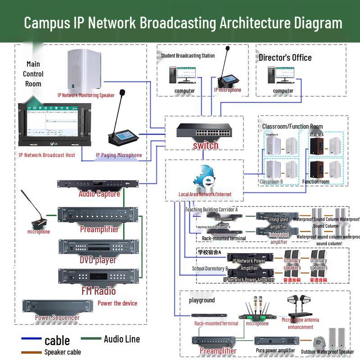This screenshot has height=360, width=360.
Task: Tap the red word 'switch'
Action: [x=206, y=145]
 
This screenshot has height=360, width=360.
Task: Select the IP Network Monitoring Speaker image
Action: [x=85, y=70]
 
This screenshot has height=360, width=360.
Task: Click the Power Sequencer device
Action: [x=58, y=306]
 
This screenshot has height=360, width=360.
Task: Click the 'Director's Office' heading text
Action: [x=285, y=58]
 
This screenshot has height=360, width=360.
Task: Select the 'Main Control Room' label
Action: [x=33, y=74]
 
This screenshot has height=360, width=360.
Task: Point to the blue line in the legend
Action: [x=31, y=338]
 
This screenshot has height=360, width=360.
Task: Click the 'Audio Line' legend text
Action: [x=121, y=339]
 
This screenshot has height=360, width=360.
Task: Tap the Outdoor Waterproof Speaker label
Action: [x=328, y=352]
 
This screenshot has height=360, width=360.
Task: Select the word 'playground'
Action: [x=202, y=300]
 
